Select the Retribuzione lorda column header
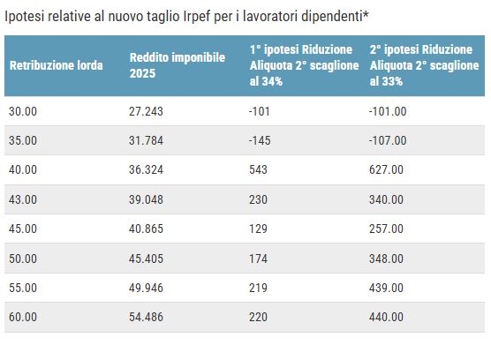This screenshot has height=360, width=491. click(57, 65)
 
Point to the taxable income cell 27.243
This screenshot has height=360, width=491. click(146, 111)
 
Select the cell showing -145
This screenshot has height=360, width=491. click(262, 140)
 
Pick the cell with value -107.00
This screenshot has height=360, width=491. click(388, 140)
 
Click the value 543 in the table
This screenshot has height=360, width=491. click(260, 169)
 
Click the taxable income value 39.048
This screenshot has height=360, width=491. click(146, 199)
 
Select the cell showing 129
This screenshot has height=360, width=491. click(260, 229)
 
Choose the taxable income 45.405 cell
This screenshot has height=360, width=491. click(146, 258)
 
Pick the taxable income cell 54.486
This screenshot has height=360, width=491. click(146, 317)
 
